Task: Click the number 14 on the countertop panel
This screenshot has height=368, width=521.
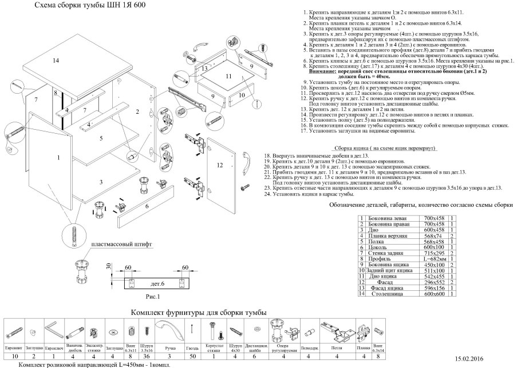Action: pos(56,61)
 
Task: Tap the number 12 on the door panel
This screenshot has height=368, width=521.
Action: pos(220,165)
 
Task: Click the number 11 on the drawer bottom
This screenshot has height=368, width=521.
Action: pos(227,76)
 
